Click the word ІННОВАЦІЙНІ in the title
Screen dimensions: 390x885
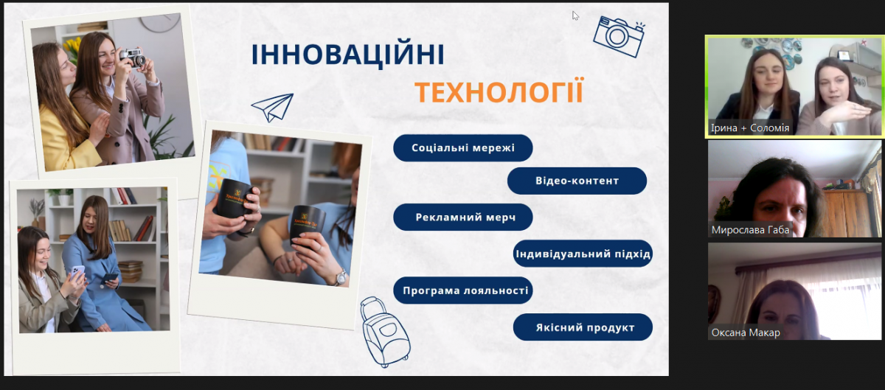point(347,55)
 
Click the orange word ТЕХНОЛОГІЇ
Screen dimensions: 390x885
point(499,93)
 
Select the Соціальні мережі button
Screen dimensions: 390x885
point(462,147)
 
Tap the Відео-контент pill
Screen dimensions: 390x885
point(577,181)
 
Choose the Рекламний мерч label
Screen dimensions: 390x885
point(462,217)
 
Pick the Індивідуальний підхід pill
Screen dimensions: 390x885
point(583,254)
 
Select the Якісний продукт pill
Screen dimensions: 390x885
point(583,327)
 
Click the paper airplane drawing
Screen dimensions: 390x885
point(272,108)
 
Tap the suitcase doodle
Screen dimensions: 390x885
point(384,331)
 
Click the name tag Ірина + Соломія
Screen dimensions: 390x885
point(749,128)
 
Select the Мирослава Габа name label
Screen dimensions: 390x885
point(750,229)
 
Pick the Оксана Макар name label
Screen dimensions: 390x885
point(745,332)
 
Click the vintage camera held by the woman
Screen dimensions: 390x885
point(132,58)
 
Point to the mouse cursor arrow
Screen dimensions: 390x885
point(575,15)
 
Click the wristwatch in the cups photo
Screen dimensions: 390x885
point(340,277)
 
